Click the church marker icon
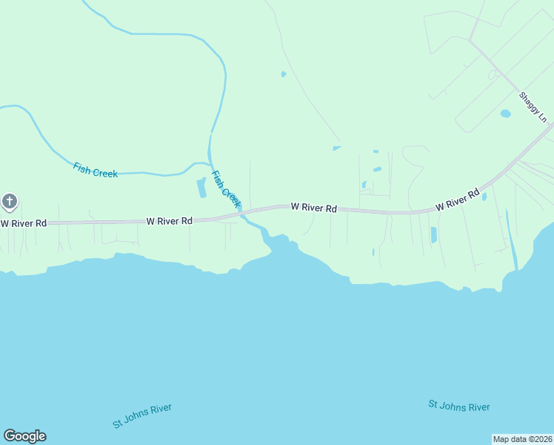tap(9, 202)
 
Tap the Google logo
tap(24, 436)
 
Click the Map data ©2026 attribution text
tap(522, 438)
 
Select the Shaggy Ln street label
tap(533, 107)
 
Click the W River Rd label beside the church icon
tap(23, 222)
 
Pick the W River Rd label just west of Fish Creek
tap(170, 220)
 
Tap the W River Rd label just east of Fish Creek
tap(313, 208)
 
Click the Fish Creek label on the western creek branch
tap(95, 170)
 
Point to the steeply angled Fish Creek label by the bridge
tap(226, 189)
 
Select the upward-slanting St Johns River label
tap(142, 416)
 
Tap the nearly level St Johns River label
tap(458, 406)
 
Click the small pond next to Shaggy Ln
tap(505, 113)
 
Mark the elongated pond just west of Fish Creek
tap(201, 188)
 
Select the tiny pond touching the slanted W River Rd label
tap(484, 197)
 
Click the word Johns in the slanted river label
tap(143, 415)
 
